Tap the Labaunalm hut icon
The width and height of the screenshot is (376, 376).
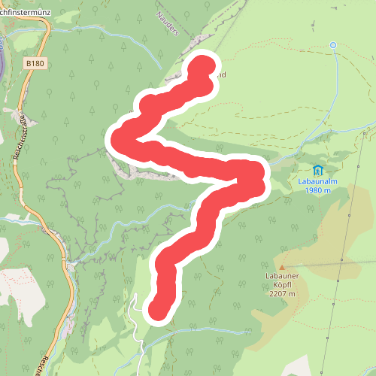click(x=318, y=170)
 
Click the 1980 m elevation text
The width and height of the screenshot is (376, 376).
click(x=319, y=190)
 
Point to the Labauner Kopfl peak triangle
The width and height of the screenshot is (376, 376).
click(x=283, y=267)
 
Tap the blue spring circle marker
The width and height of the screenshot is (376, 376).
click(x=333, y=45)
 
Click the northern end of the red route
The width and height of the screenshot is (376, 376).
click(x=204, y=67)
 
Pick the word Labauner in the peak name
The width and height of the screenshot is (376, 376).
click(x=283, y=276)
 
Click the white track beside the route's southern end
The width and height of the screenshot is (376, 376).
click(x=138, y=316)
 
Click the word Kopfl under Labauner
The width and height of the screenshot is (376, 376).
click(x=283, y=286)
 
